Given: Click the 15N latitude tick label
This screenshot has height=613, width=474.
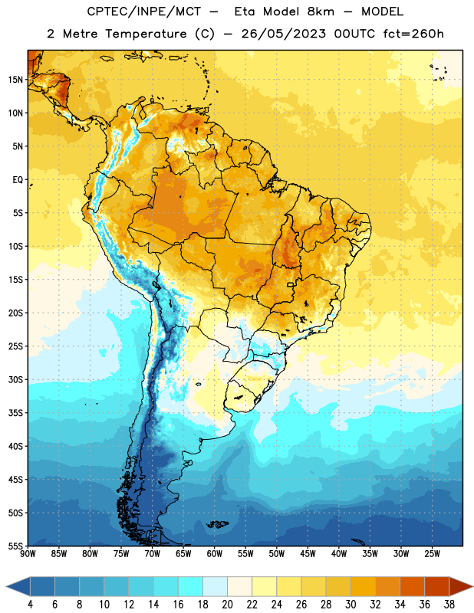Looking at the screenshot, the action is point(15,80).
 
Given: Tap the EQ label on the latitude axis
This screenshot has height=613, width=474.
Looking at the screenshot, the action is point(18,180).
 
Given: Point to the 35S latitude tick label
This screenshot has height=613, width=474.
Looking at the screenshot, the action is point(15,413).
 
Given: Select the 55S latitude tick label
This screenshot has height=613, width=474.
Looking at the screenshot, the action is point(15,546).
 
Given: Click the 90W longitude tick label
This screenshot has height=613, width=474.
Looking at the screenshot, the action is point(28,554).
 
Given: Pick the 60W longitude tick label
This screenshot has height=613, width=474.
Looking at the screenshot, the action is point(215,554).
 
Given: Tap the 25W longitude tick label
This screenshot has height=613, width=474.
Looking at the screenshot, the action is point(432,554).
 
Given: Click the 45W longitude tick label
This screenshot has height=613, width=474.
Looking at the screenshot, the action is point(308,554).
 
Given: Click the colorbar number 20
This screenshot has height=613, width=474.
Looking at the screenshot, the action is point(227,605).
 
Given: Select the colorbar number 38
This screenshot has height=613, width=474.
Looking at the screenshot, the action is point(449,605).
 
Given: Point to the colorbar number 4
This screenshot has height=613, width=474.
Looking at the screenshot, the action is point(30,605).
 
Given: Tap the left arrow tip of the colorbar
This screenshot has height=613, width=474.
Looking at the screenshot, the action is point(6,586).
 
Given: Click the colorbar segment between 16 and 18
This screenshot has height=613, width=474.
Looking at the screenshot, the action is point(190,586).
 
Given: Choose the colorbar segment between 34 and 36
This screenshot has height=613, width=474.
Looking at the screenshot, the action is point(412,586).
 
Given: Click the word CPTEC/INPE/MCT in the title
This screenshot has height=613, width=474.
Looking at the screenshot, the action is point(143,11).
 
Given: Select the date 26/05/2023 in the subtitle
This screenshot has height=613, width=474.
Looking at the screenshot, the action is point(283,34).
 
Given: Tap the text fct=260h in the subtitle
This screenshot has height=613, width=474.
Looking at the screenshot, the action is point(413,34).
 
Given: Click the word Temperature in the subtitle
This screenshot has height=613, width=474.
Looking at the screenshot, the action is point(146,34).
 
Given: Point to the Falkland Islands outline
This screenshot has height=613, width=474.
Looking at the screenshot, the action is point(217,524).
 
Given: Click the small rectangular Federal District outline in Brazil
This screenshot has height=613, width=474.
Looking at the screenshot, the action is point(291,284).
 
